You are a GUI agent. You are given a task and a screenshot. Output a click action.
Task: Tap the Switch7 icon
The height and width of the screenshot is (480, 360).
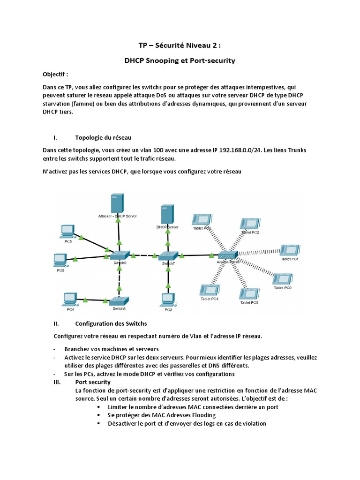(x=168, y=256)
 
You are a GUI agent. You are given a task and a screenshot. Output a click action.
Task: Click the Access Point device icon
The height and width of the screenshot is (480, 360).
(x=227, y=255)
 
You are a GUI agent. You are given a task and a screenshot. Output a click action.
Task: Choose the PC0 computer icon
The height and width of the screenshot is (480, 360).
(x=60, y=259)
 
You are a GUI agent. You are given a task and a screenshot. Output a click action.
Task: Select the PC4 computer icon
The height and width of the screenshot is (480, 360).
(x=70, y=299)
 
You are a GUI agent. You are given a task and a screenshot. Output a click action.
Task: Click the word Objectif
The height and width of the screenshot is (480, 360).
(x=55, y=74)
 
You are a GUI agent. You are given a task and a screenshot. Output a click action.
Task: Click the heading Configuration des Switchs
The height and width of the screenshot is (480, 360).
(x=111, y=323)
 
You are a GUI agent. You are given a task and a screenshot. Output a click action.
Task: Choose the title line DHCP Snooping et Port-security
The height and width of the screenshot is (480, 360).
(x=180, y=60)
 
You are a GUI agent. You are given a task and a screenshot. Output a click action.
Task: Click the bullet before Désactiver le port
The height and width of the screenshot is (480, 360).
(x=98, y=423)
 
